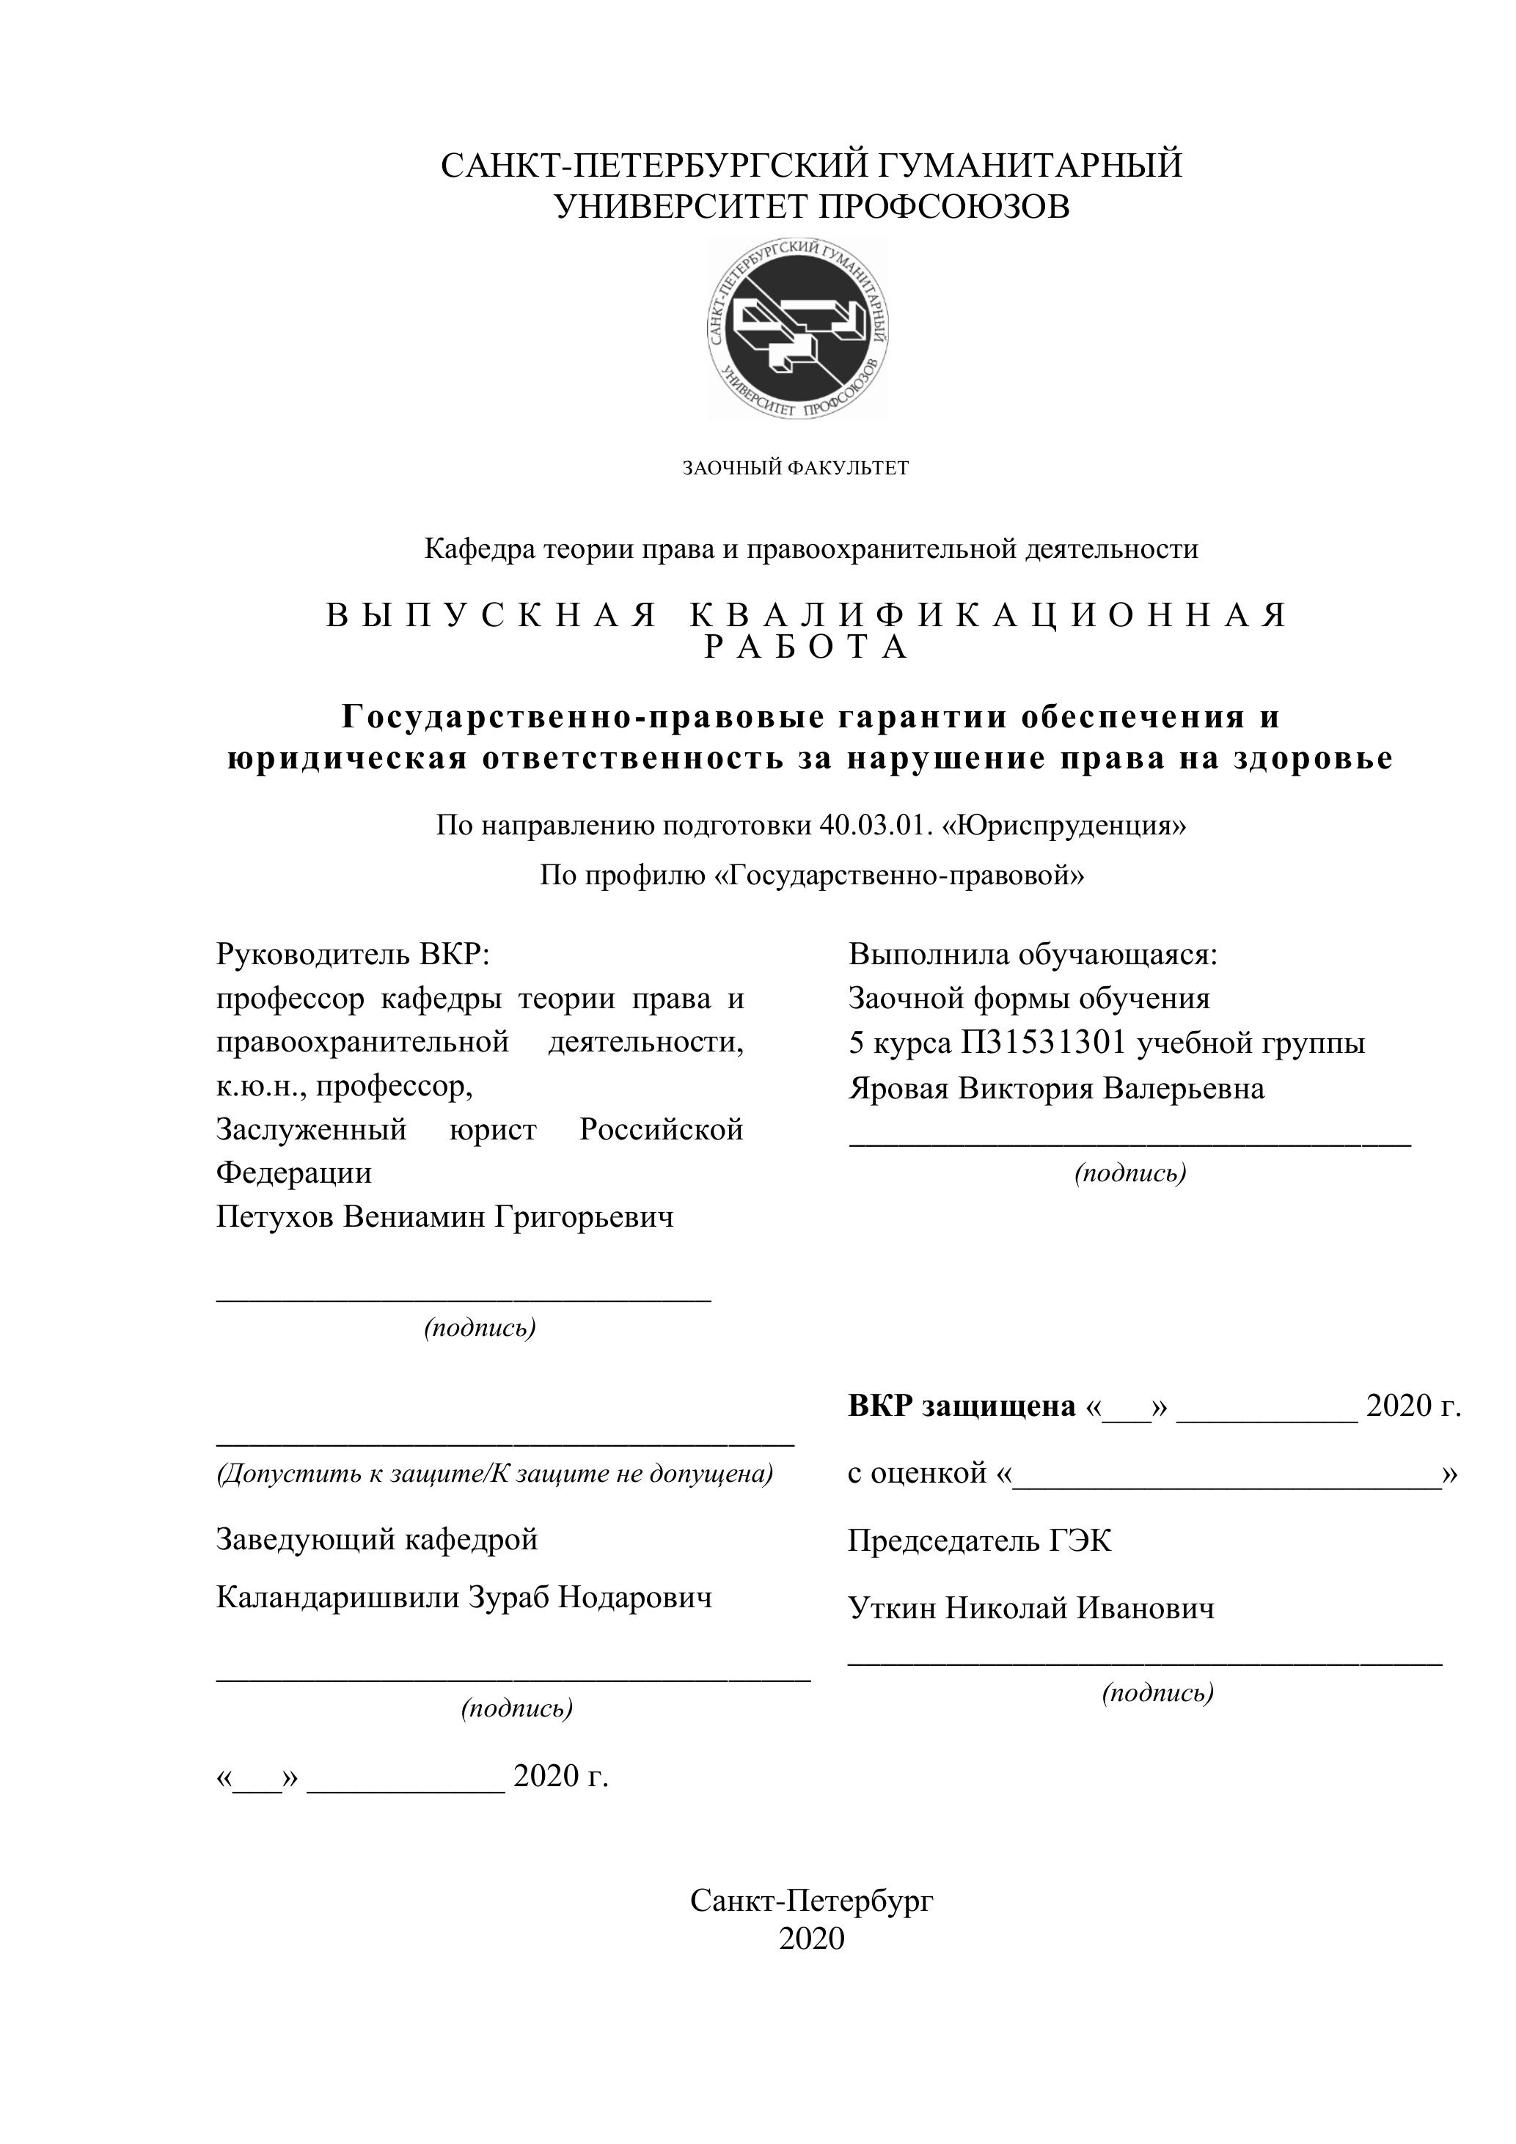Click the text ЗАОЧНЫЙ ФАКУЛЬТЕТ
(x=795, y=468)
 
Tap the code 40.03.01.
(x=877, y=826)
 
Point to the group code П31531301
(x=1044, y=1042)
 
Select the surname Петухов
(x=274, y=1216)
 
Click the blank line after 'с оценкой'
(x=1226, y=1485)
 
